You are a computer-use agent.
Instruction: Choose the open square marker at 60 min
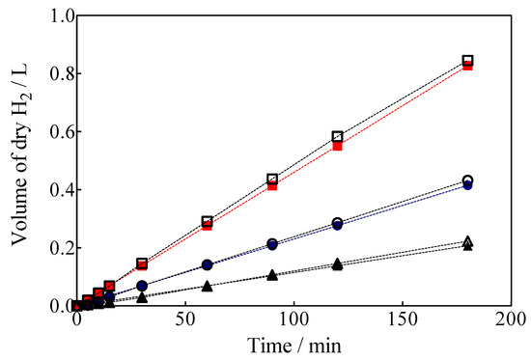tap(207, 221)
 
